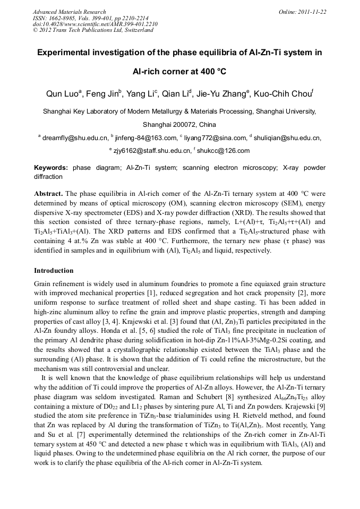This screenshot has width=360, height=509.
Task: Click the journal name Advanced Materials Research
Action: tap(69, 12)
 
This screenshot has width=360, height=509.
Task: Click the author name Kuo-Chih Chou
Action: tap(284, 94)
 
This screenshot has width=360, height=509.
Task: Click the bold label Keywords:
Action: tap(51, 168)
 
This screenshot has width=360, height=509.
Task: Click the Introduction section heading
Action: tap(54, 271)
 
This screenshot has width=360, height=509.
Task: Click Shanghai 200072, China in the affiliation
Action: tap(179, 125)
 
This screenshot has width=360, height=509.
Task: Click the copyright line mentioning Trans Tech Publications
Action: tap(93, 30)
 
